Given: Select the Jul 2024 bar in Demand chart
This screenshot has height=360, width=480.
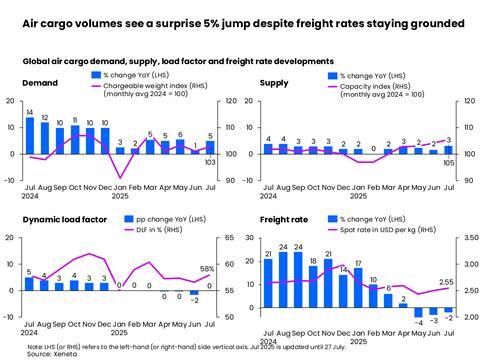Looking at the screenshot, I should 30,136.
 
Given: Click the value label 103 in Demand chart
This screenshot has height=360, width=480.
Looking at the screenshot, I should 210,162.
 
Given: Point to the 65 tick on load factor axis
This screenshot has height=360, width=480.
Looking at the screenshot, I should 231,238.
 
